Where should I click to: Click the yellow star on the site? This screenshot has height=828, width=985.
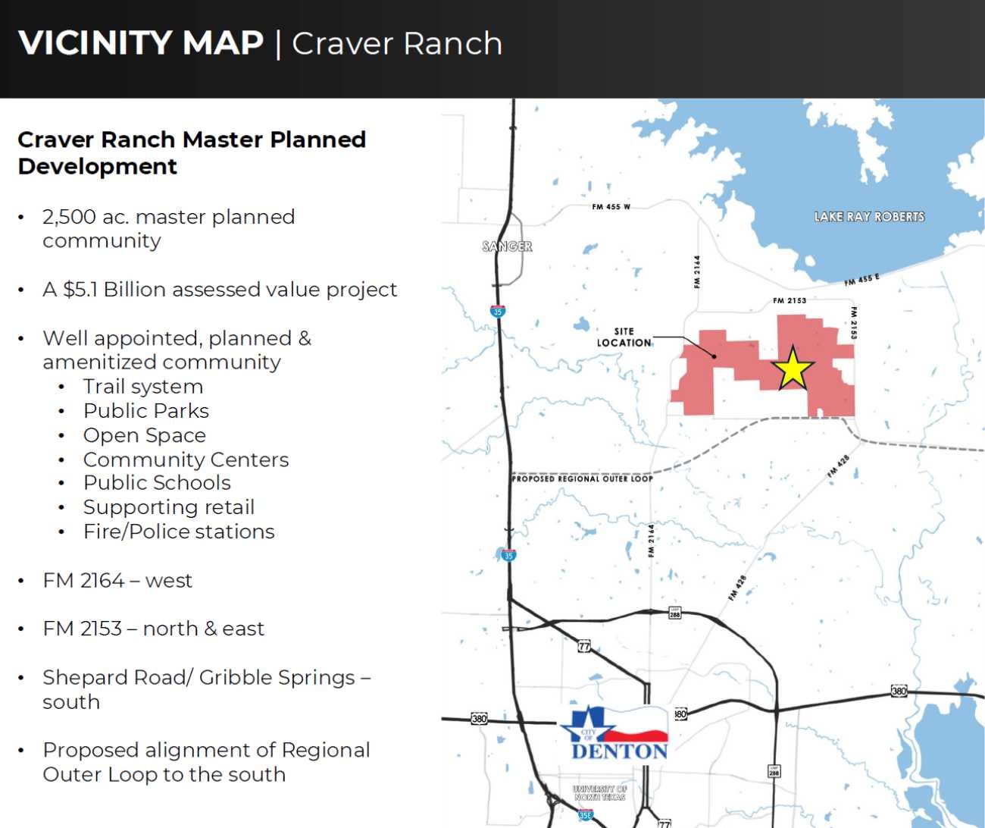tap(793, 369)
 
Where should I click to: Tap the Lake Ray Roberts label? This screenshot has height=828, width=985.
tap(869, 217)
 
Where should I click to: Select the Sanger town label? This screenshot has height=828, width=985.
tap(508, 246)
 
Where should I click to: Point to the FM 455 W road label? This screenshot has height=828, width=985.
tap(611, 207)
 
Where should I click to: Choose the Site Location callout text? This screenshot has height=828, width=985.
tap(624, 337)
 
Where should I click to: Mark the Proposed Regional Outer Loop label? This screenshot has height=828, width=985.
tap(582, 478)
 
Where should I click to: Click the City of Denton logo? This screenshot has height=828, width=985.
tap(614, 734)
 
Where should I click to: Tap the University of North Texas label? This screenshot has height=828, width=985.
tap(600, 793)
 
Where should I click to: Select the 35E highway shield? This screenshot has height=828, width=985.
tap(585, 815)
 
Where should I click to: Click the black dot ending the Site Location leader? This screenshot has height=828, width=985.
tap(714, 356)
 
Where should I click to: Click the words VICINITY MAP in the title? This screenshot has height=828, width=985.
tap(141, 43)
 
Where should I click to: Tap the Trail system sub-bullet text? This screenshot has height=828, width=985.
tap(143, 387)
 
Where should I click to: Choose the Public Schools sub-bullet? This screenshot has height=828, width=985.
tap(157, 483)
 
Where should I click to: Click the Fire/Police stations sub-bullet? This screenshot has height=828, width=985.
tap(179, 532)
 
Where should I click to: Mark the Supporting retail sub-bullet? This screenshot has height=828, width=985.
tap(169, 507)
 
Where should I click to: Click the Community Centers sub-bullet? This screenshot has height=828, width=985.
tap(186, 459)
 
